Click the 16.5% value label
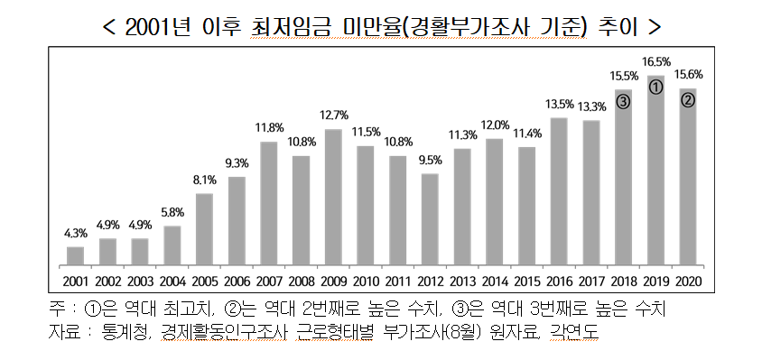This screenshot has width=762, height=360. click(656, 62)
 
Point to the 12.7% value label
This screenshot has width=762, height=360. click(333, 115)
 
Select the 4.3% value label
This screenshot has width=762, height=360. click(75, 233)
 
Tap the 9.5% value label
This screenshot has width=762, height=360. click(430, 160)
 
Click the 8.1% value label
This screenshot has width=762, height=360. click(204, 180)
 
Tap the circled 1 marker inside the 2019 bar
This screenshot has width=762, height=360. click(656, 87)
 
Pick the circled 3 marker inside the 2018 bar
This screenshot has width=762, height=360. click(624, 101)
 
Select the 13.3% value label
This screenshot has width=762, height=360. click(591, 106)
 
